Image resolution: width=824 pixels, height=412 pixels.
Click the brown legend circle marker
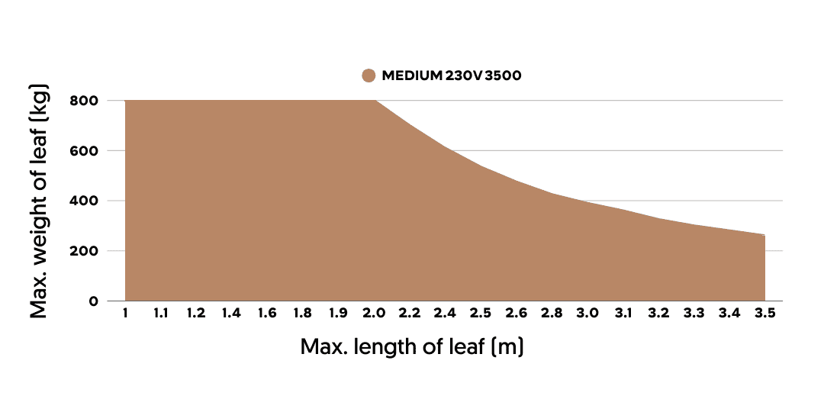click(369, 76)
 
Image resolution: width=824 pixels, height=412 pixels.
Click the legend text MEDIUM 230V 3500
click(452, 76)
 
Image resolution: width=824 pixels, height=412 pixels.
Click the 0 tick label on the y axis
click(93, 301)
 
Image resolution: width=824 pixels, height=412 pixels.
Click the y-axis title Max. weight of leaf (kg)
click(40, 201)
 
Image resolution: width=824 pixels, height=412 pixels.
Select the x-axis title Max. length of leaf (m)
click(412, 347)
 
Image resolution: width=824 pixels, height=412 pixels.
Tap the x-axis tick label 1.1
click(160, 314)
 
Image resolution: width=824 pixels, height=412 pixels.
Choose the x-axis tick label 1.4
click(231, 314)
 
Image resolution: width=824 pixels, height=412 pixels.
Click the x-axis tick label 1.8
click(302, 314)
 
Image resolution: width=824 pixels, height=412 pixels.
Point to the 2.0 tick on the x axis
click(374, 314)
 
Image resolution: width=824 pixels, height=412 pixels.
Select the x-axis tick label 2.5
click(481, 314)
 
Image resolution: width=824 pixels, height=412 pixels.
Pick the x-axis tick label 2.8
click(552, 314)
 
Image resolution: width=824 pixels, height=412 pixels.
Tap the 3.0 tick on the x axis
click(587, 314)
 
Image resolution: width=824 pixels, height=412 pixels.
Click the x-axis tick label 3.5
click(765, 314)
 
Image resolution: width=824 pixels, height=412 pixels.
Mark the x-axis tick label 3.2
click(658, 314)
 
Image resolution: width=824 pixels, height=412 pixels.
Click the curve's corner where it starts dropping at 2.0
click(375, 101)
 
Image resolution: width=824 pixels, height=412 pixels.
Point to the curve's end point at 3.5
click(764, 235)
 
